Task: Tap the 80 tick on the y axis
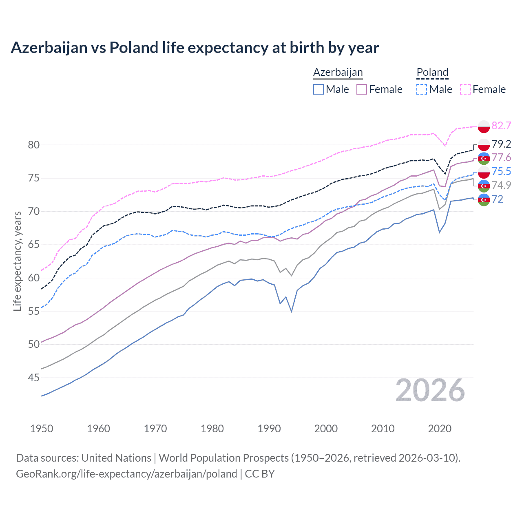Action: [x=34, y=145]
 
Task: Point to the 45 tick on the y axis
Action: [x=34, y=378]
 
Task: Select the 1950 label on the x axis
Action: [x=42, y=429]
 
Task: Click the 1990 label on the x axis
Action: [x=269, y=429]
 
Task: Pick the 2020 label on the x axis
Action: [x=440, y=429]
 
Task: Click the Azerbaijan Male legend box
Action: [x=319, y=89]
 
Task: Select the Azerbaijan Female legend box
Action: [x=362, y=89]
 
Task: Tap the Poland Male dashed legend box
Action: [x=422, y=89]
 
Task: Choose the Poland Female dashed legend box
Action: [x=465, y=89]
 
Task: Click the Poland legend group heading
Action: [x=432, y=72]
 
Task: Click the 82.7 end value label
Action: [x=501, y=126]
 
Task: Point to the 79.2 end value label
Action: [x=501, y=144]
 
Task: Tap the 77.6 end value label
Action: [x=501, y=158]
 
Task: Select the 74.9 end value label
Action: [x=501, y=185]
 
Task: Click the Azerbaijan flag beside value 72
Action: [x=484, y=200]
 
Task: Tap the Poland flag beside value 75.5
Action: [x=484, y=172]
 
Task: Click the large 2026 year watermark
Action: [x=430, y=390]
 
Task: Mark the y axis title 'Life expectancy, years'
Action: [x=18, y=261]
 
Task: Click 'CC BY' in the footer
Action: [x=260, y=474]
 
